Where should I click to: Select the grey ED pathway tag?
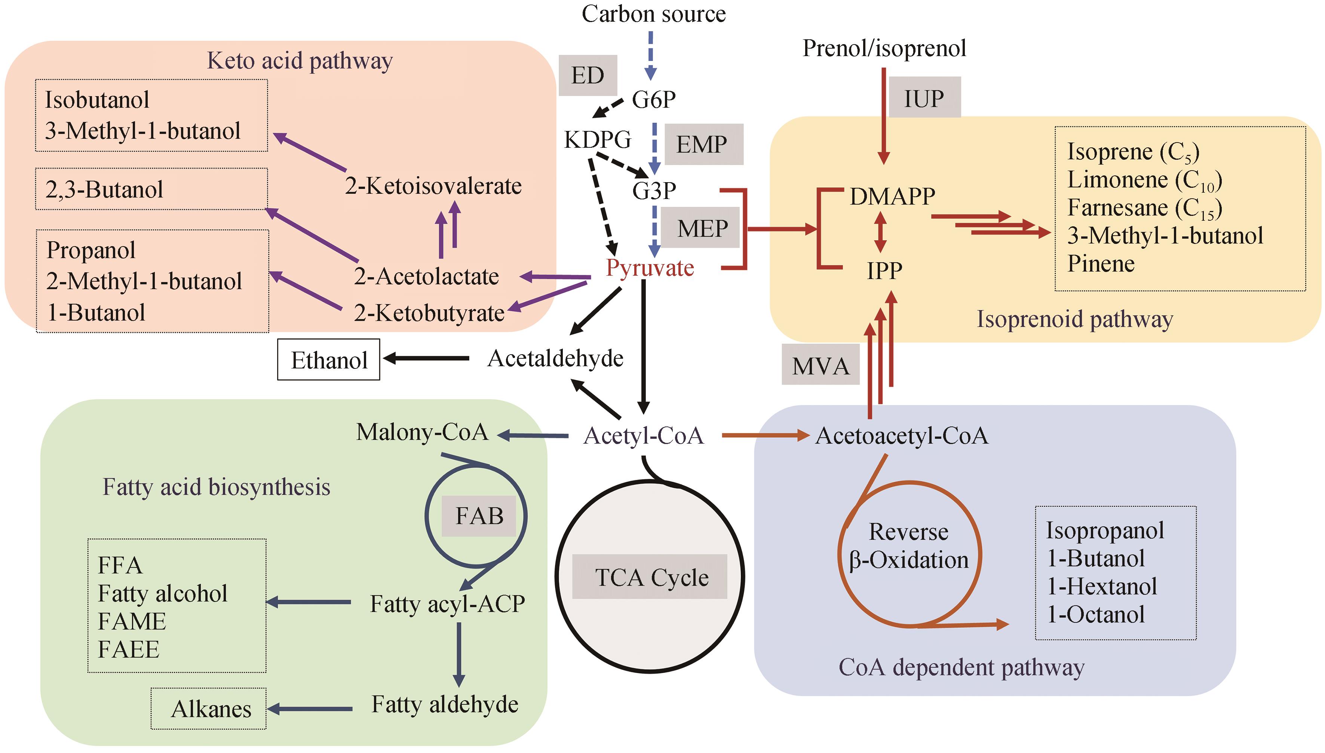[x=587, y=76]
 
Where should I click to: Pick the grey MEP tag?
[x=702, y=228]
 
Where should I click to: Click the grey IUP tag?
[x=924, y=98]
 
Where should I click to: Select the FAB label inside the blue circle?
[x=479, y=515]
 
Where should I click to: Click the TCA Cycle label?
[x=651, y=577]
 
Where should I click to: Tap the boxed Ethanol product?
[x=329, y=360]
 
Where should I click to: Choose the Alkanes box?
[x=209, y=708]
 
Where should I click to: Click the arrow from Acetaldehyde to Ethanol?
[x=426, y=358]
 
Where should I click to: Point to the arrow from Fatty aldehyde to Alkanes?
[x=310, y=708]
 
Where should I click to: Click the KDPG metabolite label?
[x=597, y=139]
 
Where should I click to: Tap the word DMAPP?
[x=892, y=196]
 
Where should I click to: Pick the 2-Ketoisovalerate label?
[x=433, y=186]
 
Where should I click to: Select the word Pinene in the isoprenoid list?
[x=1101, y=264]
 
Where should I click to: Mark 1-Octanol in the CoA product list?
[x=1095, y=614]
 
